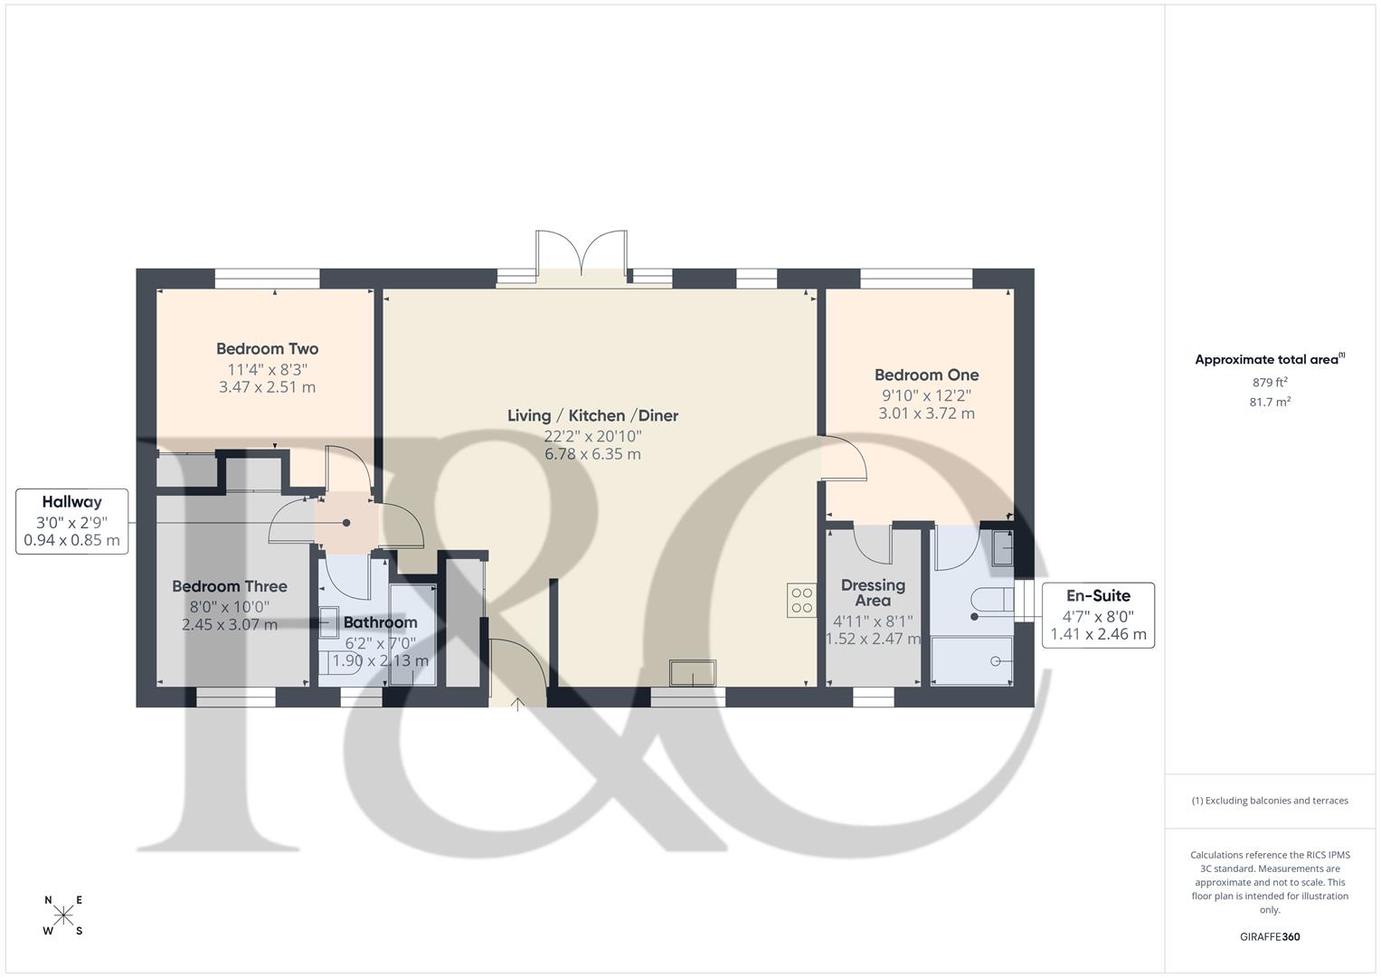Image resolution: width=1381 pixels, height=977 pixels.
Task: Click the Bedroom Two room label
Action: coord(267,349)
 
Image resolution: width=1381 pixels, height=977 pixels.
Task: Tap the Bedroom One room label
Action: coord(926,375)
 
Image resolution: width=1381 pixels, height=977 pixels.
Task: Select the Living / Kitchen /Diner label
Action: coord(592,416)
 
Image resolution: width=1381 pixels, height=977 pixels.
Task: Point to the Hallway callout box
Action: coord(72,521)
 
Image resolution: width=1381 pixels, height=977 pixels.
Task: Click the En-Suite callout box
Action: coord(1098,615)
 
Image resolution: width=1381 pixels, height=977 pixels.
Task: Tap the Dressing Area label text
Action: coord(873,593)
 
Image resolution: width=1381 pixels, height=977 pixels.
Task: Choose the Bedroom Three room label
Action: coord(230,587)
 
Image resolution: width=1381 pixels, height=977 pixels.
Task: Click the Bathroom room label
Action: coord(380,622)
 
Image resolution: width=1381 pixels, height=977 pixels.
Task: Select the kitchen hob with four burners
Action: coord(801,600)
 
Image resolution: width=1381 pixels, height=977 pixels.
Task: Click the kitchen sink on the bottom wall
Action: coord(692,673)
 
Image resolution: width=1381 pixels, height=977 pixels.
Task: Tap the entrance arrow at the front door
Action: coord(517,703)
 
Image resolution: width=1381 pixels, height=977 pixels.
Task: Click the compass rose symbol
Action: coord(63,915)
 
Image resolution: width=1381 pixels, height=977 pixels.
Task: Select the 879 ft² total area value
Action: coord(1270,382)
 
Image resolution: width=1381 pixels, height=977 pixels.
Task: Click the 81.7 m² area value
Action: coord(1270,403)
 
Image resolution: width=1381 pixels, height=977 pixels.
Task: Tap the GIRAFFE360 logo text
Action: coord(1270,937)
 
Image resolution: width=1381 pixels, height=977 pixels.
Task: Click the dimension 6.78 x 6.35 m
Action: coord(592,454)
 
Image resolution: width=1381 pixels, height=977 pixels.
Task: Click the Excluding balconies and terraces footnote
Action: coord(1270,801)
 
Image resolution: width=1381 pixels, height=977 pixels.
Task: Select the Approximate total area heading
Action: coord(1268,360)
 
